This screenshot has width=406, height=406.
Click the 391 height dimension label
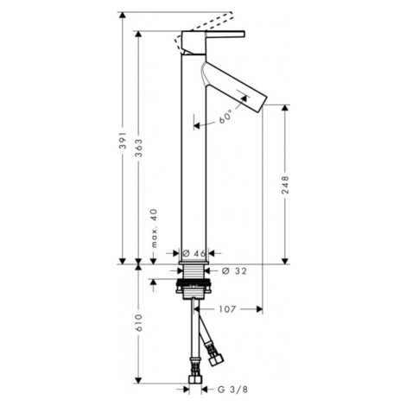(x=124, y=141)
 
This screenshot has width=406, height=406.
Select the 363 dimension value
(x=139, y=148)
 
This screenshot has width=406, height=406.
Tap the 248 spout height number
(x=285, y=185)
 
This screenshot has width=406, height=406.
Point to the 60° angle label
(x=225, y=117)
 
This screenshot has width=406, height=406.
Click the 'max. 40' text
(x=155, y=228)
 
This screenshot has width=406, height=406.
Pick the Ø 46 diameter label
(x=193, y=253)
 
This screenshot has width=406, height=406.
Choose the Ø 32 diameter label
(x=234, y=271)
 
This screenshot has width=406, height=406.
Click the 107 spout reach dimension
(x=227, y=309)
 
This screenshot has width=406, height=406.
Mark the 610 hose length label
(x=139, y=323)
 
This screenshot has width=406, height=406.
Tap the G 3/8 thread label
(x=232, y=390)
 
